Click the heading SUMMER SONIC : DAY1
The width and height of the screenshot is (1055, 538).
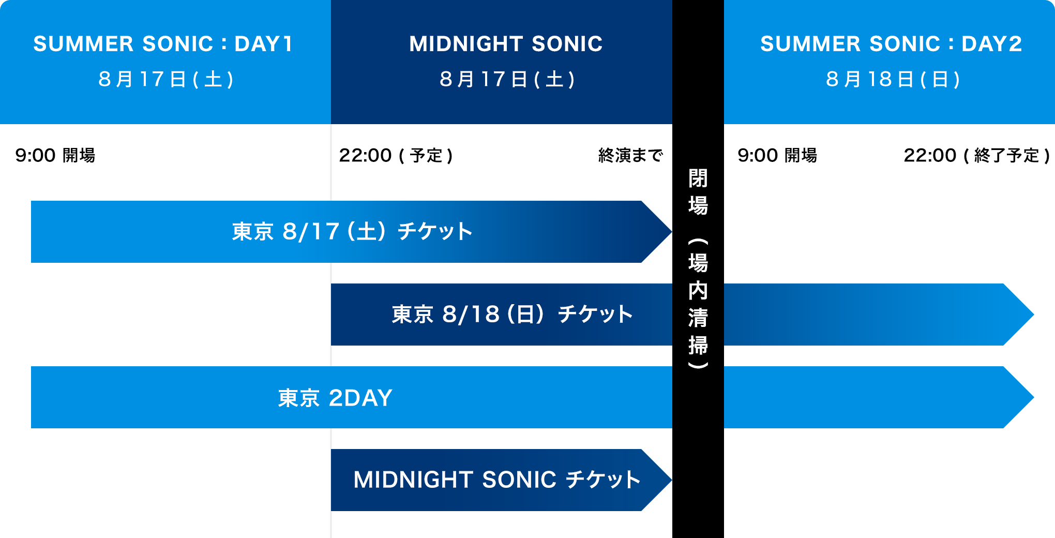(163, 44)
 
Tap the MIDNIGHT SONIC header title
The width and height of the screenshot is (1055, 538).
(506, 44)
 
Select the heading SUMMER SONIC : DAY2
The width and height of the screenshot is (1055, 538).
(891, 44)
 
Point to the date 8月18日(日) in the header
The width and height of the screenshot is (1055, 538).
(893, 79)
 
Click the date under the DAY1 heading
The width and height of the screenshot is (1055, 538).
(166, 79)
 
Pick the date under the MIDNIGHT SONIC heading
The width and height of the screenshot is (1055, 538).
(507, 79)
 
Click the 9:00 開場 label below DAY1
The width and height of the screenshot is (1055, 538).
(55, 155)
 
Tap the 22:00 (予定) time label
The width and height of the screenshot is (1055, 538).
(396, 155)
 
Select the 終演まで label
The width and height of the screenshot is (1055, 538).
(630, 155)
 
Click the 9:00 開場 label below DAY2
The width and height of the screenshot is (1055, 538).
(777, 155)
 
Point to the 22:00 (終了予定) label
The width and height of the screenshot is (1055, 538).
(977, 155)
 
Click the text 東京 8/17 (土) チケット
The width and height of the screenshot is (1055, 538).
(352, 231)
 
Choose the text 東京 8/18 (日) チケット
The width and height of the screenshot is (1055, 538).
(512, 314)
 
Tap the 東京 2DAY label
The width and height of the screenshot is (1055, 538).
(335, 398)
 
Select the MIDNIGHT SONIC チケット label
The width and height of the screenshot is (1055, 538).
(497, 480)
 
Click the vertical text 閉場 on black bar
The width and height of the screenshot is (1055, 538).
(698, 192)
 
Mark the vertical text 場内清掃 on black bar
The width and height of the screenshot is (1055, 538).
(698, 304)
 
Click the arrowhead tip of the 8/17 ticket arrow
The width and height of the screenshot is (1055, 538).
(671, 232)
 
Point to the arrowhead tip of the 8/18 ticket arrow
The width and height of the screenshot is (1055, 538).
(1033, 315)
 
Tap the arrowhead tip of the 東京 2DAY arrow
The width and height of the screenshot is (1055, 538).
(1033, 397)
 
